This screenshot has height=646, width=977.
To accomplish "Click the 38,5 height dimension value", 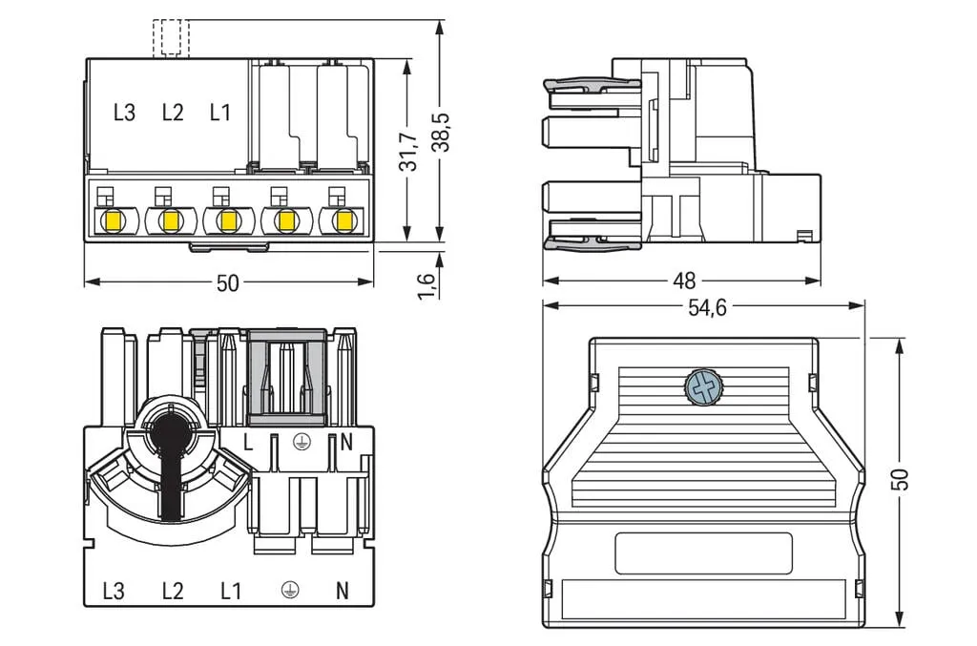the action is coord(443,132).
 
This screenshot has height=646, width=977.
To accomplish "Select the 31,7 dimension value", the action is coord(408,152).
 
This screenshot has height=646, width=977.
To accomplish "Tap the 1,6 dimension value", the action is coord(426,285).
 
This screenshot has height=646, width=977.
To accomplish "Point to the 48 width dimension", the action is coord(684,281).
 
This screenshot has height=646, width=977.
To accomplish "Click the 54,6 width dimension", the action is coord(707,307).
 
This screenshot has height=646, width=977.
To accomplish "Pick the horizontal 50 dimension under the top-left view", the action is coord(227,283).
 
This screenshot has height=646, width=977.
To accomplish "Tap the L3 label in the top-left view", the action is coord(124,113).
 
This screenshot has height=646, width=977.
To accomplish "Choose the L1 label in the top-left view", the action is coord(220,113).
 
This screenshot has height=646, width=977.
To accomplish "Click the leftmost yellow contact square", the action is coord(114,220).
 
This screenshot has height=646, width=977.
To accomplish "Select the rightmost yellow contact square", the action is coord(343,220).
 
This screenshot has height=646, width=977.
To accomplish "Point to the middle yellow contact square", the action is coord(229,220).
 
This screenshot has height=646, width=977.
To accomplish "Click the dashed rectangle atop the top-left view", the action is coord(171,38).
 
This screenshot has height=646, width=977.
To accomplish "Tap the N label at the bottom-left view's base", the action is coord(343,591).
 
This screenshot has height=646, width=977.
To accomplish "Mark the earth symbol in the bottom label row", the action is coord(290,590).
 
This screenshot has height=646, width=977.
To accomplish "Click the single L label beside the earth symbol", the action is coord(248,443).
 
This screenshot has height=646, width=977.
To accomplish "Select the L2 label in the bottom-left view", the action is coord(173,591).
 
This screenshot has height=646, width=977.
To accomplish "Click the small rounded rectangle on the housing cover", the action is coord(703,552).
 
